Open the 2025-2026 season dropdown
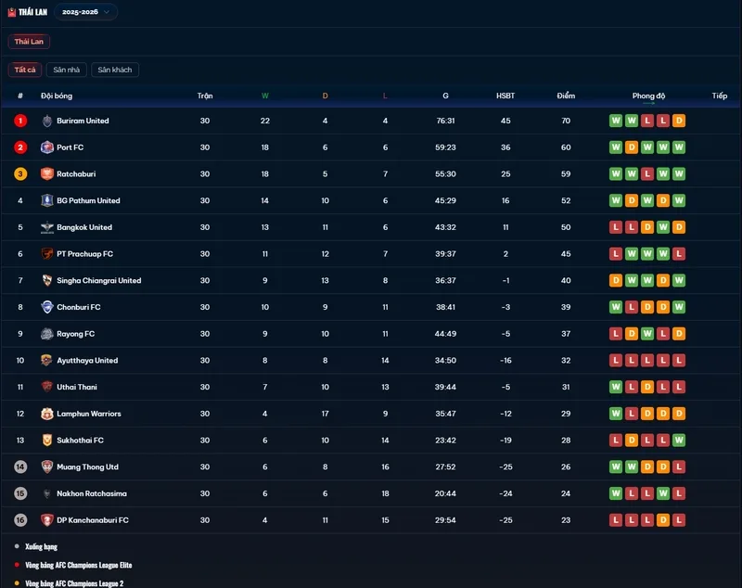pyautogui.click(x=85, y=12)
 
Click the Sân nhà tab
pyautogui.click(x=66, y=70)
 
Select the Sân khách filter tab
pyautogui.click(x=114, y=70)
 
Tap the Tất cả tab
pyautogui.click(x=25, y=70)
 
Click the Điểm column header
pyautogui.click(x=566, y=96)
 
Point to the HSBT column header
pyautogui.click(x=505, y=96)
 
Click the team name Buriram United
pyautogui.click(x=83, y=121)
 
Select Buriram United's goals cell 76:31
pyautogui.click(x=445, y=121)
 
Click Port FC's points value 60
pyautogui.click(x=566, y=147)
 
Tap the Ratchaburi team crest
pyautogui.click(x=47, y=173)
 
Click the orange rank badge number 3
pyautogui.click(x=20, y=173)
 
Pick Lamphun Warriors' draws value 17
pyautogui.click(x=326, y=414)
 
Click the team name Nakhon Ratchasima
pyautogui.click(x=92, y=493)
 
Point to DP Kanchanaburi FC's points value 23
pyautogui.click(x=566, y=520)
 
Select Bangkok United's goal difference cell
pyautogui.click(x=505, y=227)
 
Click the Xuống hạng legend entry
pyautogui.click(x=41, y=546)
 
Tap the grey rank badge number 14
pyautogui.click(x=20, y=467)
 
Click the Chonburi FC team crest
pyautogui.click(x=47, y=307)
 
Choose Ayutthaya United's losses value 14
pyautogui.click(x=385, y=360)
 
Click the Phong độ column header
pyautogui.click(x=648, y=96)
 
